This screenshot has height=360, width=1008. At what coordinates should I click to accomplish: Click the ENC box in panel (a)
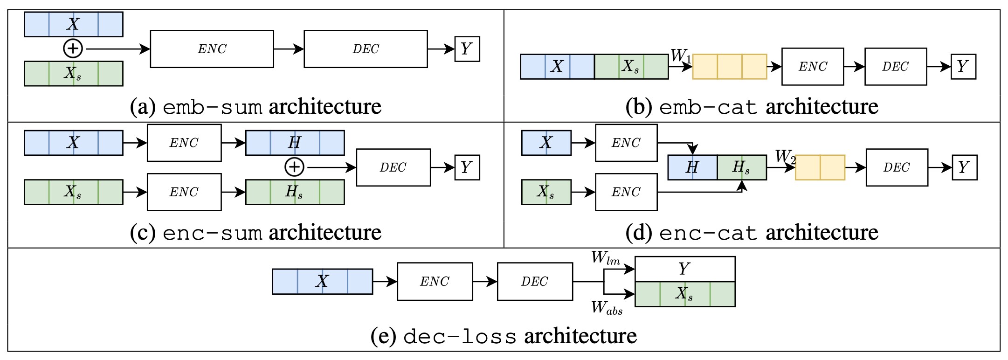pos(212,49)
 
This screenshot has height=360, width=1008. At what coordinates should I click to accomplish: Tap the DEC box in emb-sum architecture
pos(366,49)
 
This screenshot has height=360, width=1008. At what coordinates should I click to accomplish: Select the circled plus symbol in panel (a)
pos(73,48)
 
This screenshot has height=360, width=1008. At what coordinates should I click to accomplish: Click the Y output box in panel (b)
pos(963,67)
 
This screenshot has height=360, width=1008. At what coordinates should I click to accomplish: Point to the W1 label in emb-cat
pos(681,56)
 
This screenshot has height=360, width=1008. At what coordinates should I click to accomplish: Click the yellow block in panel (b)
pos(730,67)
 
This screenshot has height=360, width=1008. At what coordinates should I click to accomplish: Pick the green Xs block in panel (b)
pos(631,67)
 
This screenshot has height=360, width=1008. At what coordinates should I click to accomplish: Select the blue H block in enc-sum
pos(295,143)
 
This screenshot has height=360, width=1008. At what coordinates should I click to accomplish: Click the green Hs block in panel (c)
pos(295,192)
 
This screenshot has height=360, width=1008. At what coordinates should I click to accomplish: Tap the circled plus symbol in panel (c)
pos(294,167)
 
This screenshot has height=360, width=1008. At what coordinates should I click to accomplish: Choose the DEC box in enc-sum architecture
pos(393,167)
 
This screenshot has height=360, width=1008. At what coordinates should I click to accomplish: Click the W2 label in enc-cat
pos(785,157)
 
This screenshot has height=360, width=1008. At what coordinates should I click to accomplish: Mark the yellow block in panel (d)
pos(820,167)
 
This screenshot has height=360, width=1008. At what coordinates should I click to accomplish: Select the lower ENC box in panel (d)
pos(626,192)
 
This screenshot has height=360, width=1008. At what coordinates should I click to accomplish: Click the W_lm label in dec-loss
pos(606,258)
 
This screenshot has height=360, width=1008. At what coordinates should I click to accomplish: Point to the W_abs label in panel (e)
pos(607,307)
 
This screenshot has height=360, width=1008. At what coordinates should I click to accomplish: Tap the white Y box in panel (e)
pos(684,269)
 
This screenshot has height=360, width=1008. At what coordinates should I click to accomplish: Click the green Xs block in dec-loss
pos(684,294)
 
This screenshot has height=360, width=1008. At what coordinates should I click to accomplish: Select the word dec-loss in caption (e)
pos(460,337)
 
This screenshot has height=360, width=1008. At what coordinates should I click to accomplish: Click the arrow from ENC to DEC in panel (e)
pos(485,282)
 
